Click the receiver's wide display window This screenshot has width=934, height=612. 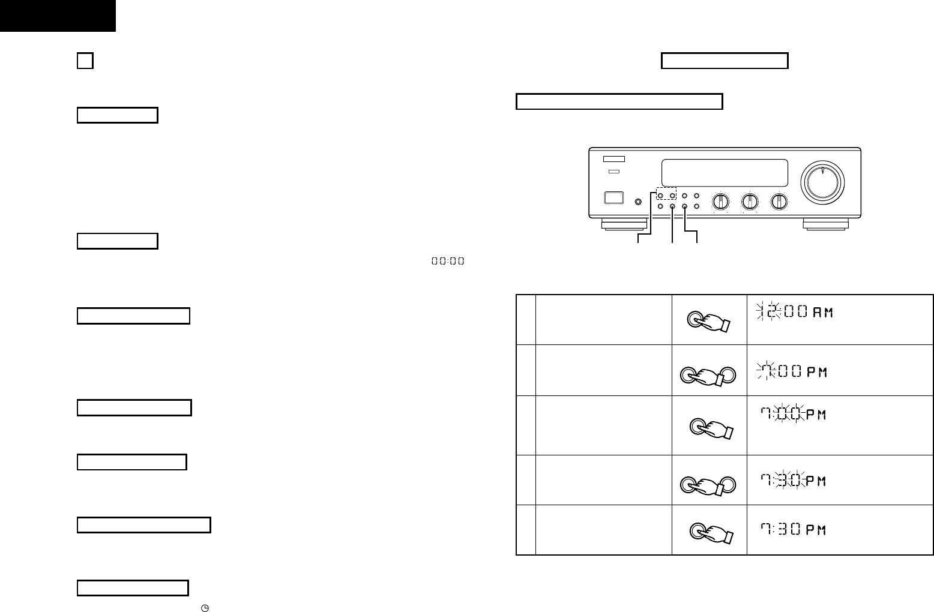coord(724,173)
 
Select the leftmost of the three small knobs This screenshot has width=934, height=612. coord(721,202)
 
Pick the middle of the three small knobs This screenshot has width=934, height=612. coord(750,202)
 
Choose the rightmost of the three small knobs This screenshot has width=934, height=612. coord(779,202)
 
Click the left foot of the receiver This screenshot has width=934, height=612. coord(624,224)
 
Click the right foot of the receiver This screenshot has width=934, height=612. coord(825,224)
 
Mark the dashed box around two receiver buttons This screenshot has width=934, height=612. coord(665,195)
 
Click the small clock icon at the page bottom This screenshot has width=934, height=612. coord(205,608)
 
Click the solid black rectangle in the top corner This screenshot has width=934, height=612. coord(58,16)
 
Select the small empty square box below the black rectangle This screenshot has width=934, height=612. coord(85,61)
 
